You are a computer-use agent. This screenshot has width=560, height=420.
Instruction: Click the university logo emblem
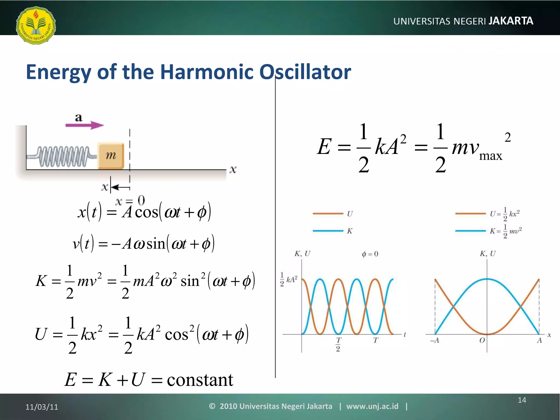coord(36,25)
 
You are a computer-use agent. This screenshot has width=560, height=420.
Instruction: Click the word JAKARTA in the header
coord(511,21)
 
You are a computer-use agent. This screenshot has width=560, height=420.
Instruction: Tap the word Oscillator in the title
coord(305,72)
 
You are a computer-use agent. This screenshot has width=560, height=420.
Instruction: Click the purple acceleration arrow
coord(84,125)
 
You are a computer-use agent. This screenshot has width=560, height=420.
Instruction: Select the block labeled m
coord(111,156)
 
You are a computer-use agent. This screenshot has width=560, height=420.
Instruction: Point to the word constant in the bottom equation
coord(200,380)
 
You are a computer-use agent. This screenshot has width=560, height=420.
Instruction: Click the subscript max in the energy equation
coord(491,156)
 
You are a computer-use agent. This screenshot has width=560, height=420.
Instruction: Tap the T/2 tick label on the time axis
coord(338,344)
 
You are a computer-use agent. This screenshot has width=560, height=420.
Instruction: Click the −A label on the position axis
coord(434,340)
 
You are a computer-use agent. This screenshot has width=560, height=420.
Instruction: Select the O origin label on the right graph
coord(482,340)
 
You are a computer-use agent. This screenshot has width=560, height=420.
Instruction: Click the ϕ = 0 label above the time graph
coord(370,254)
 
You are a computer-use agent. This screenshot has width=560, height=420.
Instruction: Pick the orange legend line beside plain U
coord(328,214)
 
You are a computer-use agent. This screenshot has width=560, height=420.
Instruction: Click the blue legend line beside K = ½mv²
coord(470,231)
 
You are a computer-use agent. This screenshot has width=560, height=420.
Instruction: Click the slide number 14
coord(522,400)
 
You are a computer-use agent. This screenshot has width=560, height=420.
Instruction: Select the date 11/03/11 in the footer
coord(42,407)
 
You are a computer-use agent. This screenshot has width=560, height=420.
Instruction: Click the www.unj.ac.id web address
coord(372,406)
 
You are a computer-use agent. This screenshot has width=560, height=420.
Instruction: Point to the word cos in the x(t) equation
coord(147,213)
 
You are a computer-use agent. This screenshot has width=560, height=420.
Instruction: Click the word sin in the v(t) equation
coord(156,244)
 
